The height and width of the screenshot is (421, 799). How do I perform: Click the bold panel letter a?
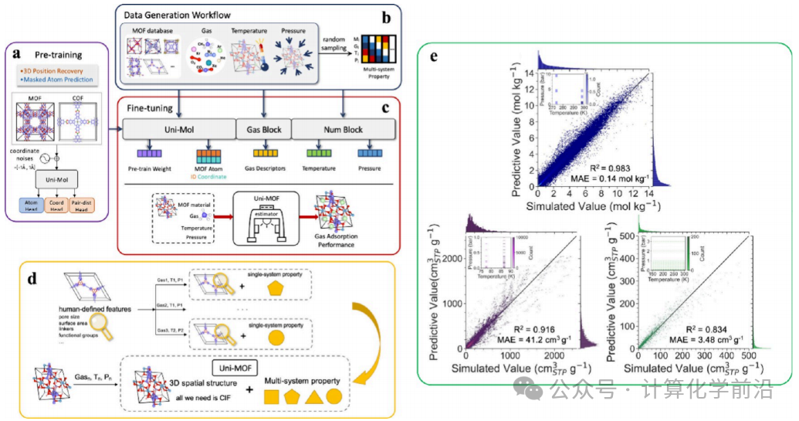pos(16,55)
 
